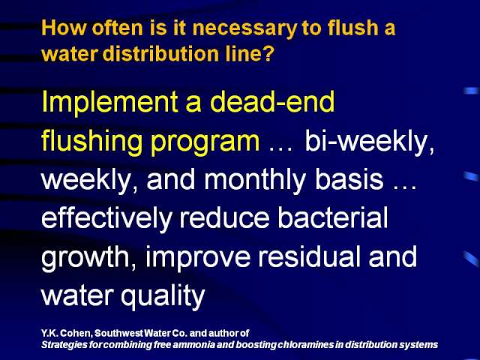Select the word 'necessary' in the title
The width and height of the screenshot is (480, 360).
pos(244,28)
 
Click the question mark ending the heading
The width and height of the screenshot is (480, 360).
pos(267,53)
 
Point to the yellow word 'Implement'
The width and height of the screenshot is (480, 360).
pos(110,103)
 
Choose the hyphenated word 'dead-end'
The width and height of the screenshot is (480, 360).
pos(272,101)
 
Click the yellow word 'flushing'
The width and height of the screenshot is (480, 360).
pos(91,142)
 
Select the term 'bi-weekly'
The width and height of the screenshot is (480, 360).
pos(370,142)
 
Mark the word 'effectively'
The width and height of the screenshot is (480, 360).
pos(106,218)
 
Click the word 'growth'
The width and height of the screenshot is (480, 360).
pos(88,257)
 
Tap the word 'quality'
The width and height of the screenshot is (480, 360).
pos(163,295)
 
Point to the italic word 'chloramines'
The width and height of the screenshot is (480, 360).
pos(306,344)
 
